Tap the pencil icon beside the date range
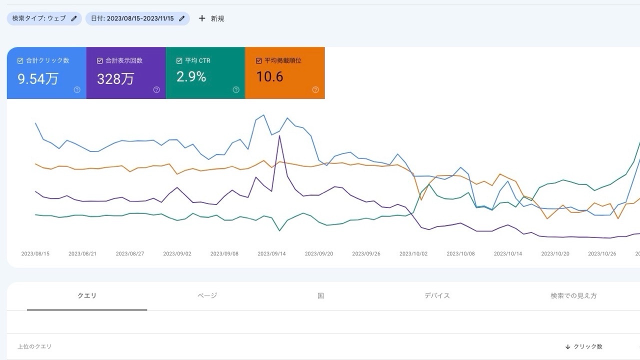182,18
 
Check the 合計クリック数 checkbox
20,61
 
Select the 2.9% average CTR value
191,76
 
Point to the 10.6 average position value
269,76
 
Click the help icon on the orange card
315,90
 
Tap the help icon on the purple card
156,90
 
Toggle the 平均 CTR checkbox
179,61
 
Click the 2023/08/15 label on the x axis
35,254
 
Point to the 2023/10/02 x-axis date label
413,254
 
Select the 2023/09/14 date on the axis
271,254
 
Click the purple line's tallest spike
279,135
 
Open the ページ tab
207,296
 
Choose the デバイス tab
437,296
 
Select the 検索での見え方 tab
573,296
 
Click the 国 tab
320,296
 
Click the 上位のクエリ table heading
34,346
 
